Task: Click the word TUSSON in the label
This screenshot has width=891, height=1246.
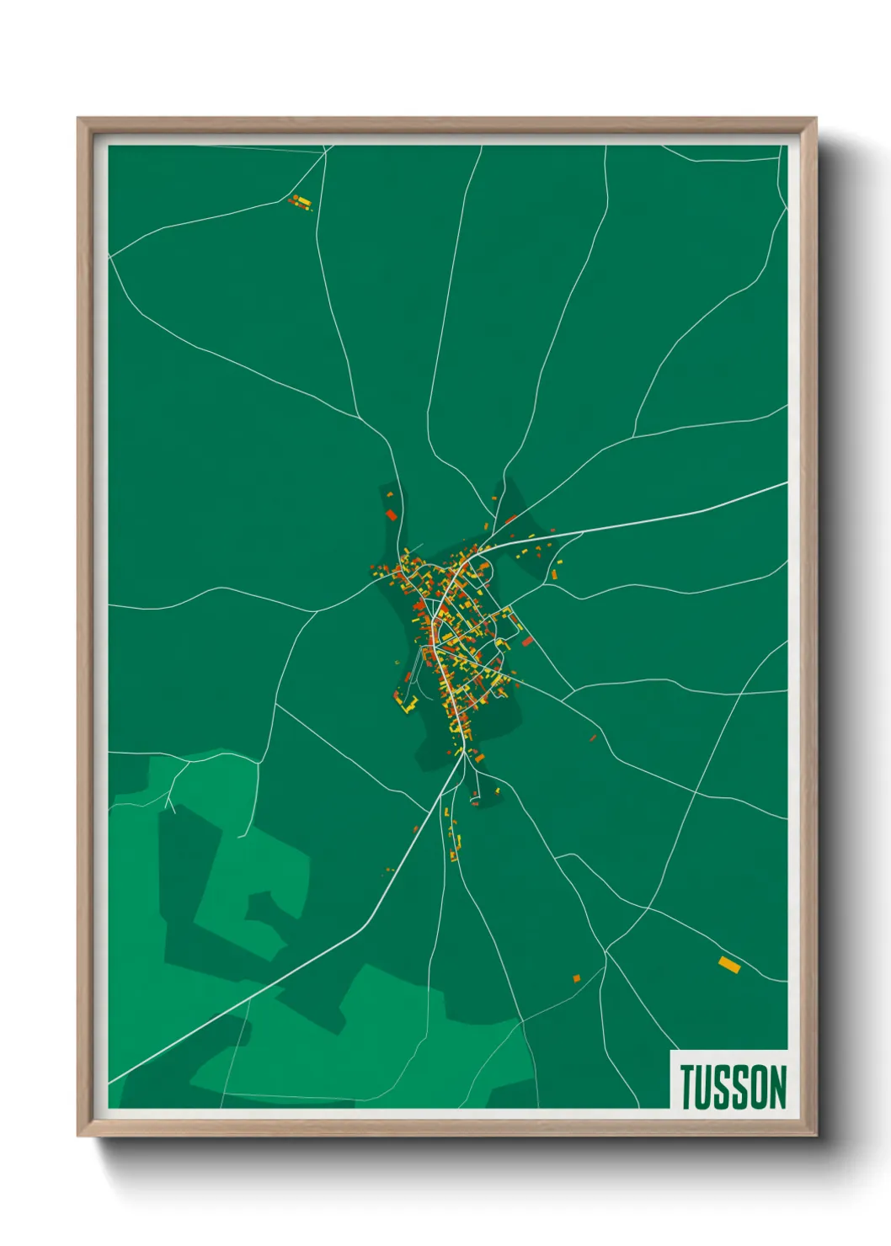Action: coord(733,1087)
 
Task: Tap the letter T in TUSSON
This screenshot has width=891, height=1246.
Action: coord(689,1087)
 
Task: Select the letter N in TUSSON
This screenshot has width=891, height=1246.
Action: coord(776,1087)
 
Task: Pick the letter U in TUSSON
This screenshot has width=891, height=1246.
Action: coord(707,1087)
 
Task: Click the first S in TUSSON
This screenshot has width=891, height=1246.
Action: coord(723,1087)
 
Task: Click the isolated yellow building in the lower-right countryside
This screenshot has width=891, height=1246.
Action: coord(729,965)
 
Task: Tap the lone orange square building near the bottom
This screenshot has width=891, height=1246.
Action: coord(577,978)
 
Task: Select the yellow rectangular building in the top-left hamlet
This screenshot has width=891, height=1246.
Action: coord(302,200)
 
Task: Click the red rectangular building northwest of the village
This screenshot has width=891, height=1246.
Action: coord(391,514)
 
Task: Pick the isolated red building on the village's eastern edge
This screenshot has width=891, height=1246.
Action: coord(528,642)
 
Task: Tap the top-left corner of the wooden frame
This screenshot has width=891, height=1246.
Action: coord(79,120)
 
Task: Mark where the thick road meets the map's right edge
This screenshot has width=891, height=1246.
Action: coord(787,482)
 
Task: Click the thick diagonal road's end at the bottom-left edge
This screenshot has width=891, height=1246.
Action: coord(109,1083)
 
